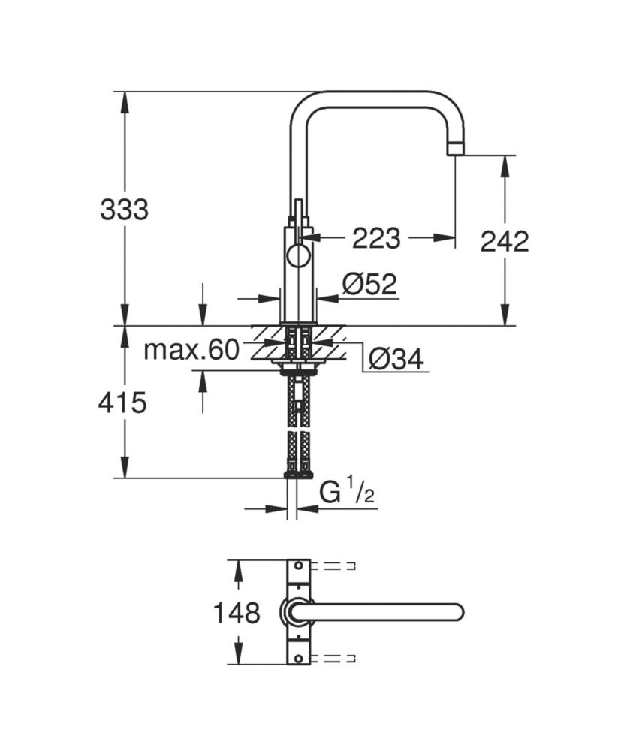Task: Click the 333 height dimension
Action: pyautogui.click(x=125, y=210)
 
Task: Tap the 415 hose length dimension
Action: pyautogui.click(x=122, y=403)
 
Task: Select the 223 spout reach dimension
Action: pyautogui.click(x=376, y=238)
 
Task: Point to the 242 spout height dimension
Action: pyautogui.click(x=505, y=241)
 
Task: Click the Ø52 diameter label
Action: pyautogui.click(x=369, y=285)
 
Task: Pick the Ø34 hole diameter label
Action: pyautogui.click(x=396, y=359)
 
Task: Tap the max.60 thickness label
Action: pyautogui.click(x=191, y=350)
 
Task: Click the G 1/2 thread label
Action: pyautogui.click(x=346, y=493)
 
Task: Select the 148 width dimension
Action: pyautogui.click(x=237, y=613)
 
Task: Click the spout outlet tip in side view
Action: pyautogui.click(x=455, y=149)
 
